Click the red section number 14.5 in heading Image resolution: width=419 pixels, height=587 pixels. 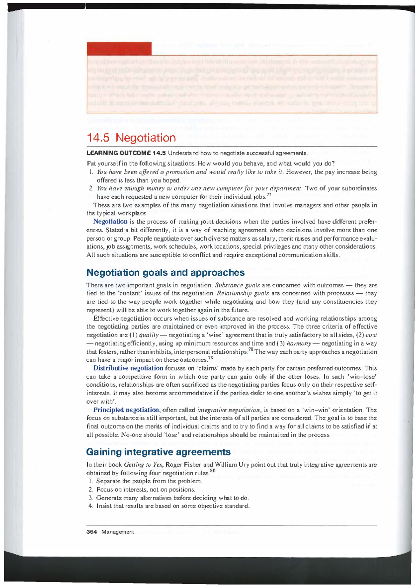point(99,138)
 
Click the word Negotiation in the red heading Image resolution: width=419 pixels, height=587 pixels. point(146,138)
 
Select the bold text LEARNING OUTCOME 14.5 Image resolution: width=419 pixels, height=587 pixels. point(126,153)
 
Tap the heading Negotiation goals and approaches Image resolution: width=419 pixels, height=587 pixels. point(165,272)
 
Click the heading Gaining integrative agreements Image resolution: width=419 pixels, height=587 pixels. point(158,452)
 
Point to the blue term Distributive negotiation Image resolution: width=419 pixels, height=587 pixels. point(128,368)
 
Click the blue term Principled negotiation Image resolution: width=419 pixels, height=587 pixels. point(126,410)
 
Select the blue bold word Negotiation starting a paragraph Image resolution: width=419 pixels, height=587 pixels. point(110,221)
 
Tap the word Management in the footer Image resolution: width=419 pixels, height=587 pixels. point(118,532)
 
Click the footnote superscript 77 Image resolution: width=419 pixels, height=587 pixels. point(269,195)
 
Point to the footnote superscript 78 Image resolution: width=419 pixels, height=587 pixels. point(250,350)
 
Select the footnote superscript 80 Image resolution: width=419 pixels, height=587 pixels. point(213,471)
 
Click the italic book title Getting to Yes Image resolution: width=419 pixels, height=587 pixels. point(144,465)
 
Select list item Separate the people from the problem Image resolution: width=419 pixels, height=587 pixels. point(149,481)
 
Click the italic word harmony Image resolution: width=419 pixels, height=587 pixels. point(299,344)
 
